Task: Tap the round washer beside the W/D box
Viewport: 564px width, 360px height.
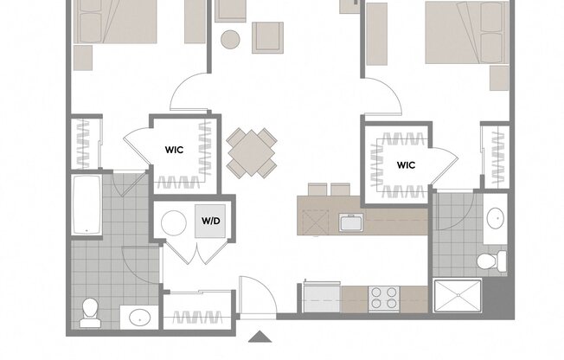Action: click(175, 222)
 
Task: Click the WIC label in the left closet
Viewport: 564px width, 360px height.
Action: click(174, 149)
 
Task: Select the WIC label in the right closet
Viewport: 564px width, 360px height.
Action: click(407, 164)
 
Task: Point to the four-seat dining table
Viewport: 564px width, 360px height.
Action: click(252, 151)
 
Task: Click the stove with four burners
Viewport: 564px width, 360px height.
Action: click(383, 298)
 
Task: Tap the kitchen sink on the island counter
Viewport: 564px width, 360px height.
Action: click(350, 224)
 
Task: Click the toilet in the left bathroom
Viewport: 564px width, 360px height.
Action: click(89, 312)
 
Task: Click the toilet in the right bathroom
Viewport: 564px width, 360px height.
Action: click(492, 260)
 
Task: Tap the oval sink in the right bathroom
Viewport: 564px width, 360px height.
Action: click(496, 217)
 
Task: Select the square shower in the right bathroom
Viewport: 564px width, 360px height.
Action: click(457, 296)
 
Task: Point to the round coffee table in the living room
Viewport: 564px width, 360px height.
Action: click(230, 39)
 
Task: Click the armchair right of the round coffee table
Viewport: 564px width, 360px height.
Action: click(268, 36)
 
